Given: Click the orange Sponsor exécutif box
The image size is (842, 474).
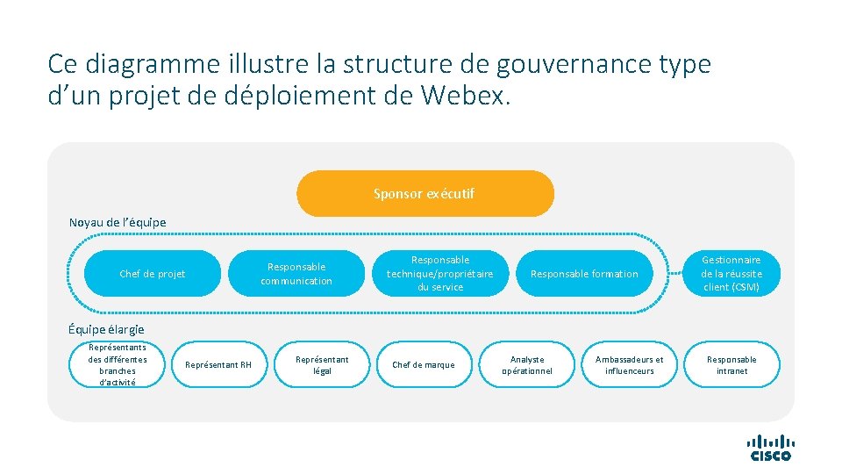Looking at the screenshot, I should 425,194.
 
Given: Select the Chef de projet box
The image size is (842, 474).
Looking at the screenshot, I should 153,274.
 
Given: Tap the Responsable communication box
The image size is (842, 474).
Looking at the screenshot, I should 296,274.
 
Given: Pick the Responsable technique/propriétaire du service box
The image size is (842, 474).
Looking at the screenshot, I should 440,274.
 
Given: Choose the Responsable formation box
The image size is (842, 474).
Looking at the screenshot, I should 584,274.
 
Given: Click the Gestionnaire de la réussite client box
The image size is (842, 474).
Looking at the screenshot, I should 731,274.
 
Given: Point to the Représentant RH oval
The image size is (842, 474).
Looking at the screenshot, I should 217,364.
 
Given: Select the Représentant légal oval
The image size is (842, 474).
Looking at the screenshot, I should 322,364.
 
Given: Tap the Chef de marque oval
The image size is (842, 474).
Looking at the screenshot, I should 424,364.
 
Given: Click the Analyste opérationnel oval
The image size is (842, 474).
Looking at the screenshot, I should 527,364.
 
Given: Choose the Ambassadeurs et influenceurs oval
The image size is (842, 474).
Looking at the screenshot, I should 630,364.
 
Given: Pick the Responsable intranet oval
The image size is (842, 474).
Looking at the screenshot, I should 731,364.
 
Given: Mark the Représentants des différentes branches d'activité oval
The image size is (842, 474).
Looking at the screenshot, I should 118,364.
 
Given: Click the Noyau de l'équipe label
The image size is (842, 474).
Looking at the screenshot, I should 118,222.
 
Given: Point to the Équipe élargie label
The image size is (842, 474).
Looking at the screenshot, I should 106,329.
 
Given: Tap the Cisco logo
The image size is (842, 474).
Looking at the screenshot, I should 770,448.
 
